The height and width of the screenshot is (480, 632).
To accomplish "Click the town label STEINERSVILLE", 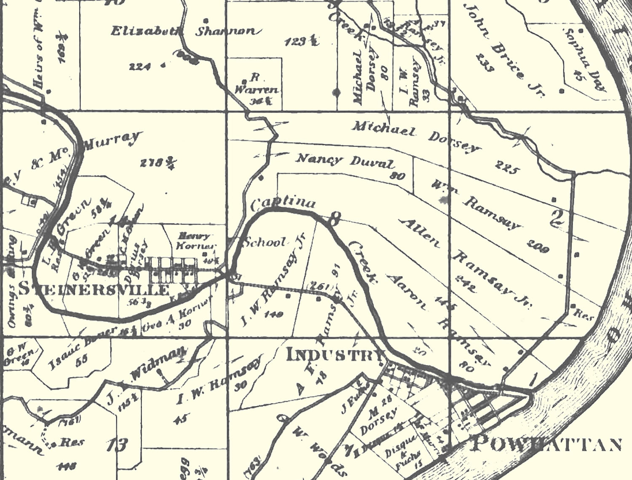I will [x=95, y=290].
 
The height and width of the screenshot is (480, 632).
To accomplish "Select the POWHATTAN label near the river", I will [x=546, y=444].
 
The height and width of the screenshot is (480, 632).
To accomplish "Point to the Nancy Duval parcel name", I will [x=345, y=161].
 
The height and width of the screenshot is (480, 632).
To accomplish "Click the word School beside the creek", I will [x=265, y=243].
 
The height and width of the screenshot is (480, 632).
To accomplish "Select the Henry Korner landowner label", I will [x=196, y=241].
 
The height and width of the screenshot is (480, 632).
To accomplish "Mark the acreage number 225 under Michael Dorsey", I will [x=506, y=167].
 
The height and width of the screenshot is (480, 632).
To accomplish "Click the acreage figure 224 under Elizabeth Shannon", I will [x=140, y=66].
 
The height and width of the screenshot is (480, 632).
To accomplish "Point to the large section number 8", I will [x=334, y=219].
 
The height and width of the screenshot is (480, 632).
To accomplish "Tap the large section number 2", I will [x=557, y=218].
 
